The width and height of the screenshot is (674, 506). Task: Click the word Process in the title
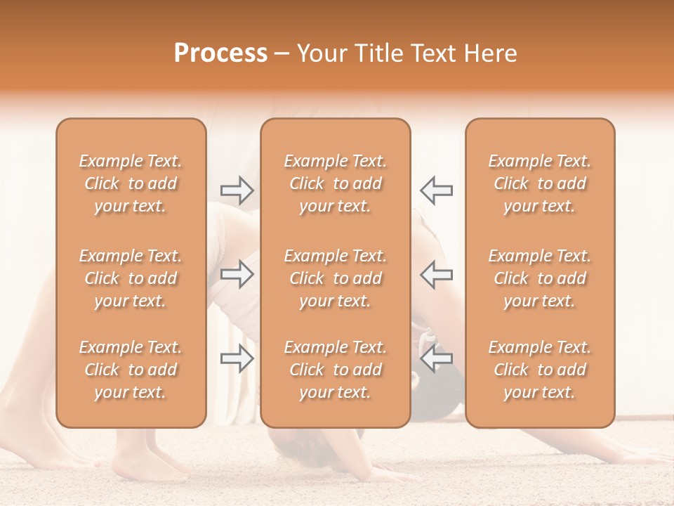pyautogui.click(x=220, y=53)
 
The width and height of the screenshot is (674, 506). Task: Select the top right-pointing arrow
pyautogui.click(x=237, y=190)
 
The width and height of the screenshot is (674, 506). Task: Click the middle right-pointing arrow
pyautogui.click(x=237, y=273)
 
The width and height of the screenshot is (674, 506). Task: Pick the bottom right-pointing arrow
pyautogui.click(x=237, y=359)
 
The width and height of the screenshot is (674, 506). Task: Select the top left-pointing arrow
pyautogui.click(x=436, y=190)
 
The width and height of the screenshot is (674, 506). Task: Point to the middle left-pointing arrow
pyautogui.click(x=436, y=273)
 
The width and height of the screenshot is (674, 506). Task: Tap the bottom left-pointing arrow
pyautogui.click(x=436, y=359)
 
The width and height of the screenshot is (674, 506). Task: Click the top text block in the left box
pyautogui.click(x=131, y=183)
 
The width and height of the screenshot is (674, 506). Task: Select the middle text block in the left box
pyautogui.click(x=131, y=278)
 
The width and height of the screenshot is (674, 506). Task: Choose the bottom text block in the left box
pyautogui.click(x=131, y=370)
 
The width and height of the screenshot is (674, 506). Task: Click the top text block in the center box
pyautogui.click(x=335, y=183)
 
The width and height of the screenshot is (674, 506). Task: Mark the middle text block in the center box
pyautogui.click(x=335, y=278)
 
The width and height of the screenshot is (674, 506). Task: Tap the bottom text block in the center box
pyautogui.click(x=335, y=370)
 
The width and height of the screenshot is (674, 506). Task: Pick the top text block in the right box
pyautogui.click(x=540, y=183)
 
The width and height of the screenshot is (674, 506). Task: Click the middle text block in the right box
pyautogui.click(x=540, y=278)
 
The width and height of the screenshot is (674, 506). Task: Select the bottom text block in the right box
pyautogui.click(x=540, y=370)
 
